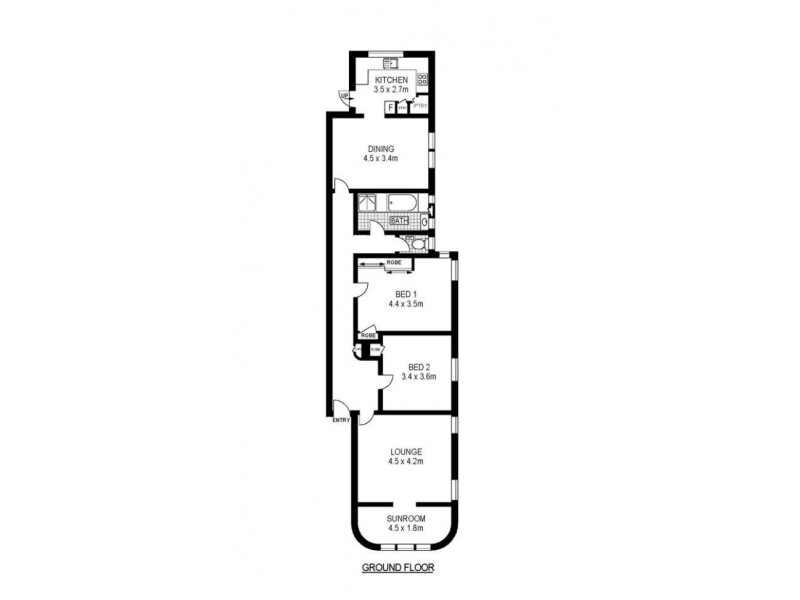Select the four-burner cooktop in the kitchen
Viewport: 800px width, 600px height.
(423, 81)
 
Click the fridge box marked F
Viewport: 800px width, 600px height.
(390, 106)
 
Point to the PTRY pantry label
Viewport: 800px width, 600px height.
(420, 106)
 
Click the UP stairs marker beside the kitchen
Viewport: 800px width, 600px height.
(343, 96)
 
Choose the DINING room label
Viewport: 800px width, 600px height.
(380, 148)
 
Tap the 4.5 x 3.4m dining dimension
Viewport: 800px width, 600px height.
(380, 158)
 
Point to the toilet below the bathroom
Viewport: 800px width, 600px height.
(417, 242)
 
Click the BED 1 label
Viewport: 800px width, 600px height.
(405, 294)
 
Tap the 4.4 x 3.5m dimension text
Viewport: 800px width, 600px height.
(405, 304)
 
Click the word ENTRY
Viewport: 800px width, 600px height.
(341, 420)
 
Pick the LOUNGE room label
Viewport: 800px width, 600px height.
(406, 451)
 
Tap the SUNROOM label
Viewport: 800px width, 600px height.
(406, 518)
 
